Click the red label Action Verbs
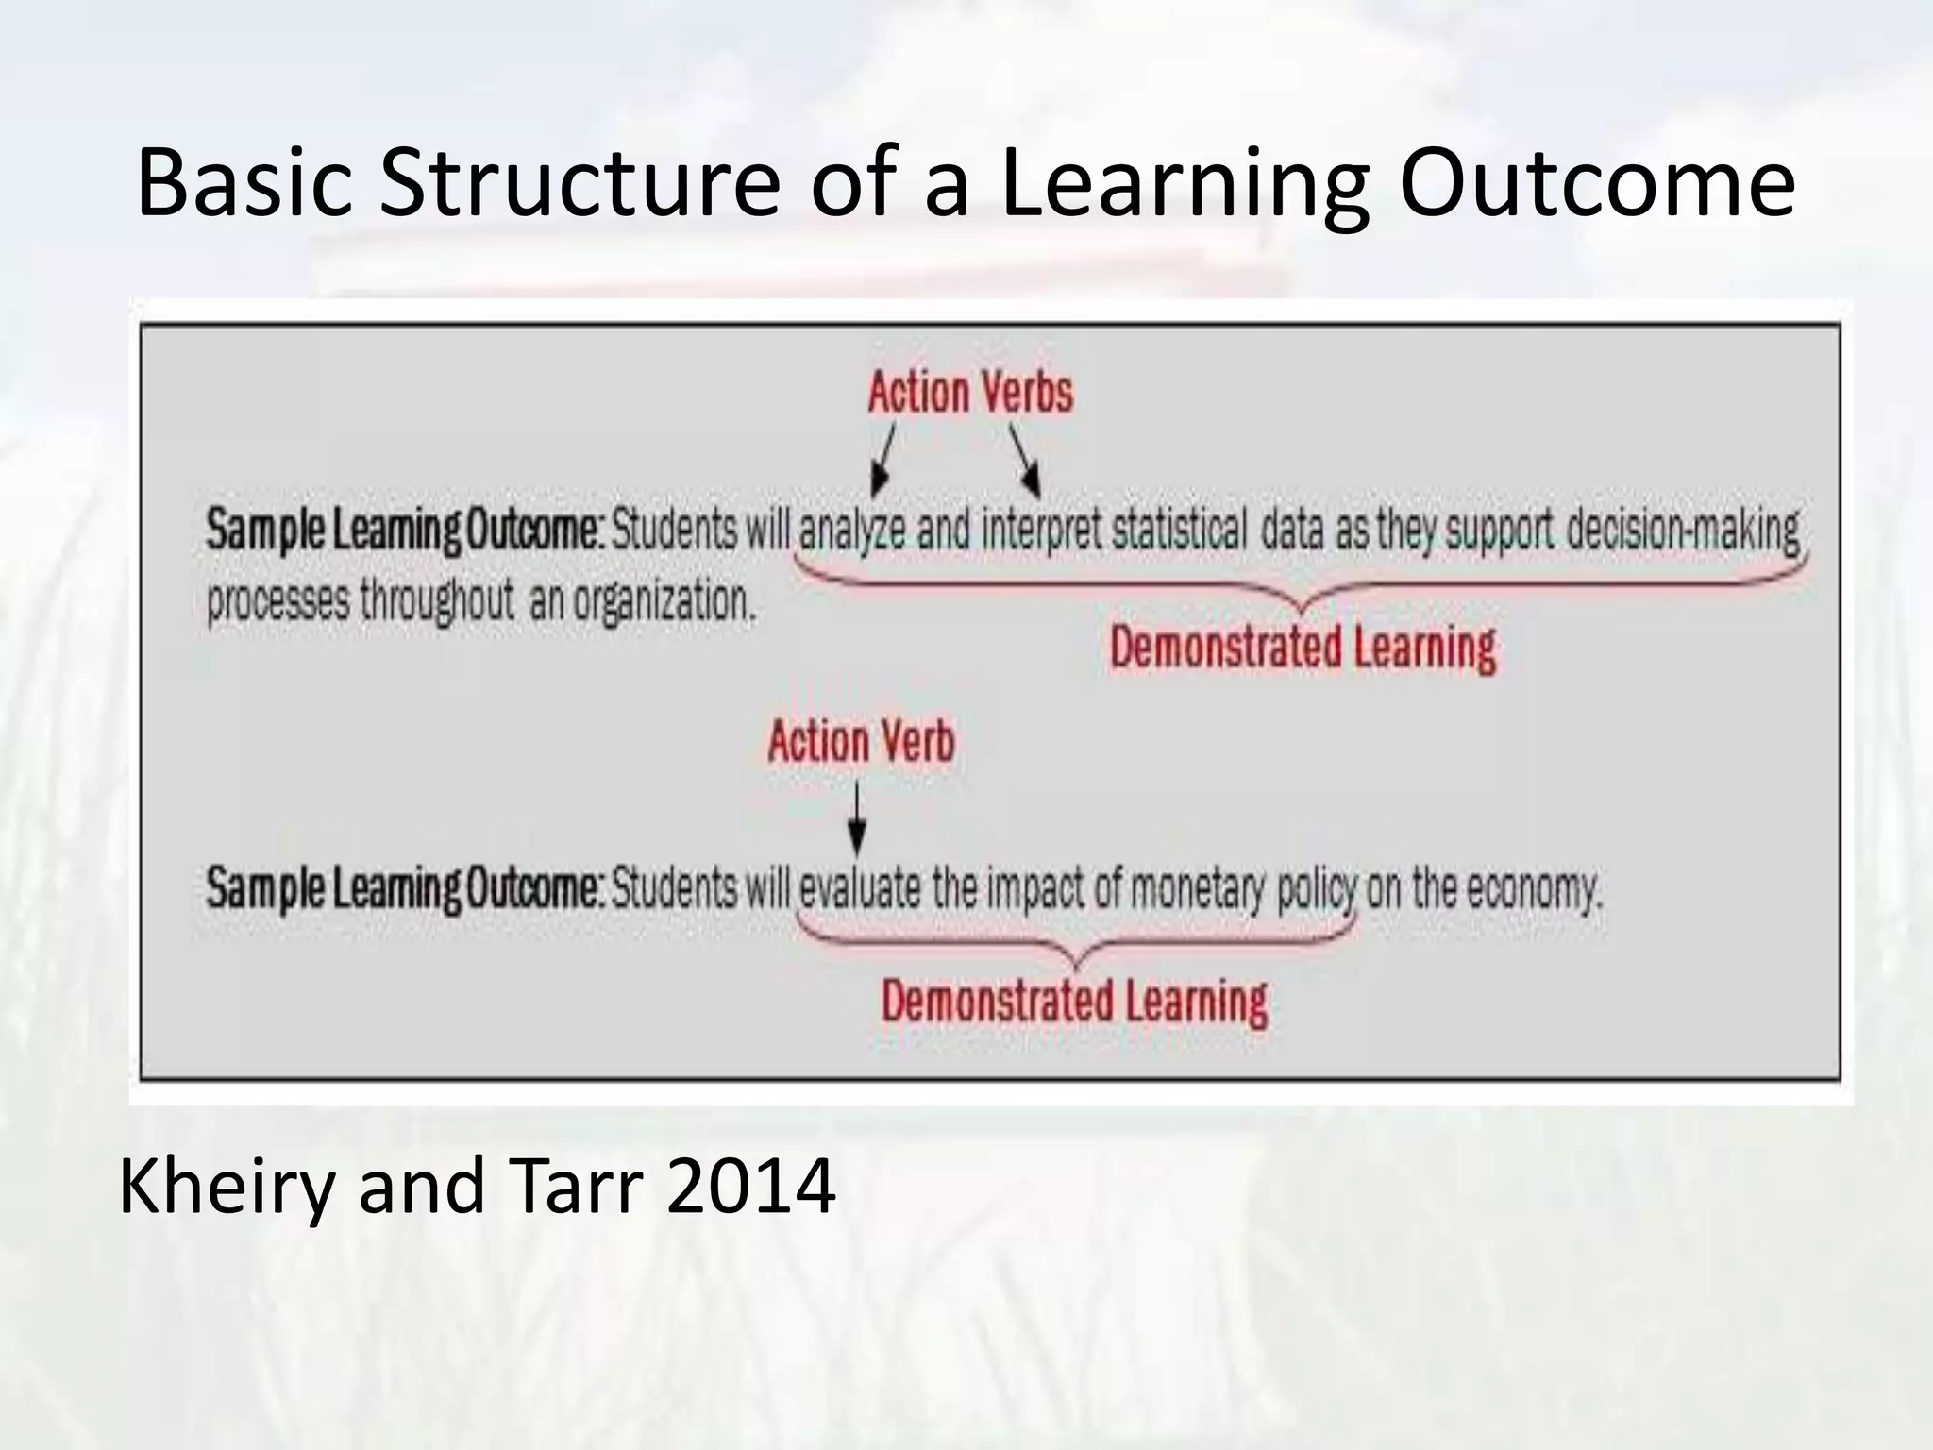(970, 393)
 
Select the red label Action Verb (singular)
(861, 742)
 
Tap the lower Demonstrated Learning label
(1074, 1002)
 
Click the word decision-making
(1683, 531)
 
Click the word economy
(1529, 889)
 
